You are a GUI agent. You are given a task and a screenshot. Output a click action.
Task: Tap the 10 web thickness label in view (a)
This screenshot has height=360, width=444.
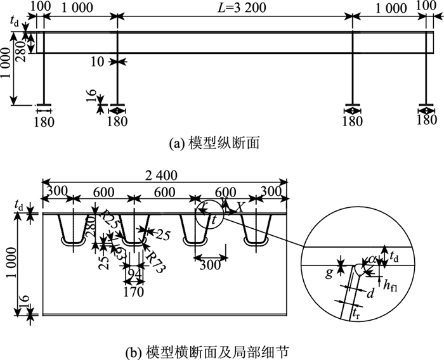96,61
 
